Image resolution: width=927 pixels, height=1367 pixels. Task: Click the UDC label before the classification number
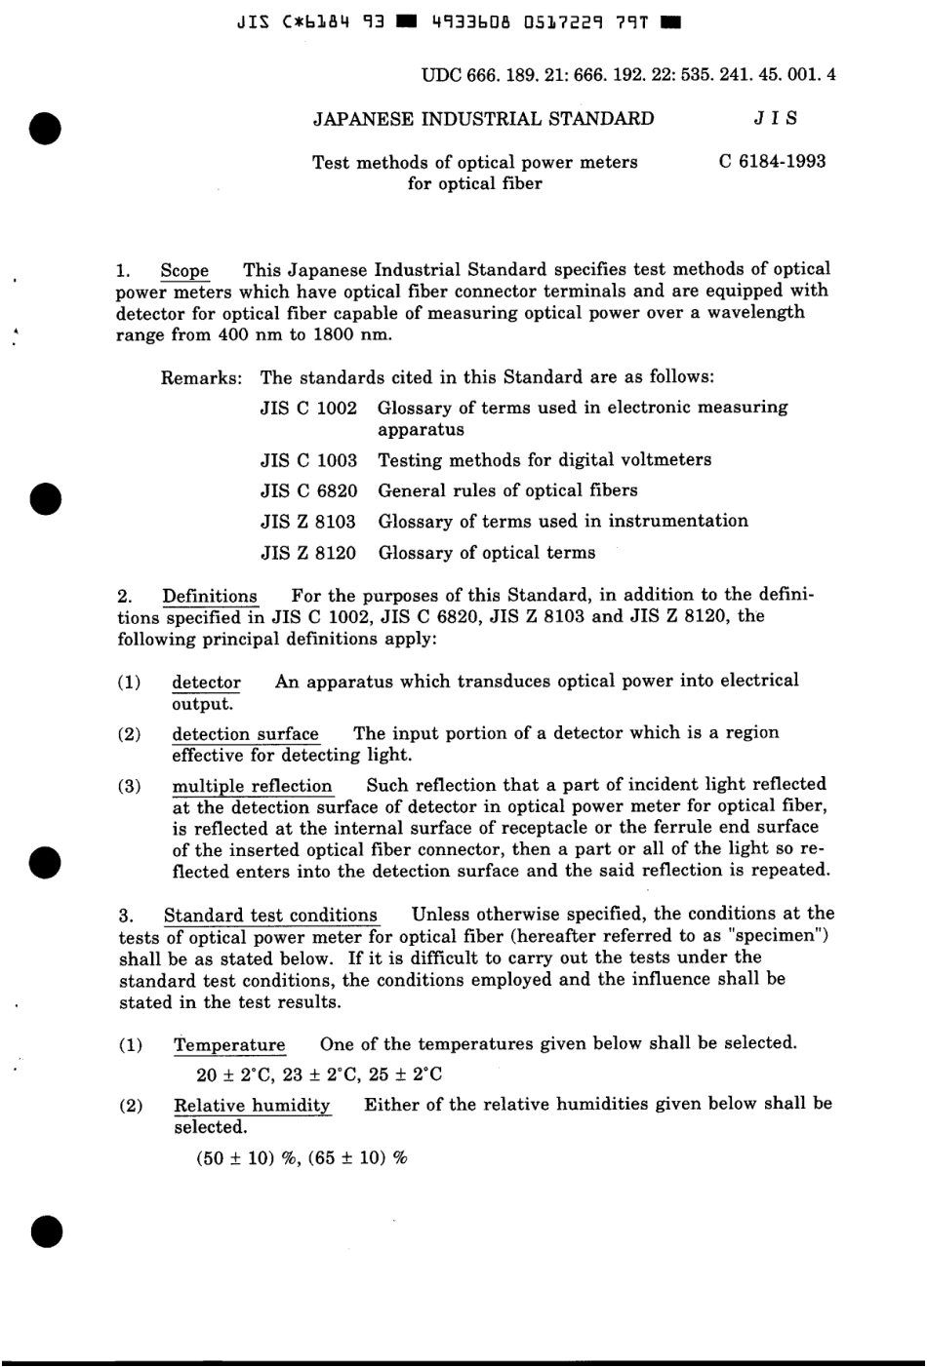click(x=441, y=74)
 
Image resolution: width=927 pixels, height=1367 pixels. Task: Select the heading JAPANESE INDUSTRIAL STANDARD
click(x=483, y=119)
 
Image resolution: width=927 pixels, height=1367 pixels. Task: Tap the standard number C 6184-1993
click(x=772, y=162)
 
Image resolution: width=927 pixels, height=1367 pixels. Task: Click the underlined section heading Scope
click(x=184, y=271)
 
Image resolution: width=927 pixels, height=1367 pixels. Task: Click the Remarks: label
click(x=201, y=377)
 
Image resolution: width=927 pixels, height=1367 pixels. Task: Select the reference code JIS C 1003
click(x=308, y=460)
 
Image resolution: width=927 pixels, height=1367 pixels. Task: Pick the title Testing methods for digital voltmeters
click(x=544, y=460)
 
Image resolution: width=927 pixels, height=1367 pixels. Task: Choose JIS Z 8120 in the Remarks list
click(x=308, y=553)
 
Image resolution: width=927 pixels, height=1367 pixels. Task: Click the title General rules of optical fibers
click(x=507, y=490)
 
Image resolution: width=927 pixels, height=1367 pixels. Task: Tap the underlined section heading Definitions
click(x=210, y=596)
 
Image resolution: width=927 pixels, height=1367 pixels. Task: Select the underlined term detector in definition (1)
click(x=206, y=683)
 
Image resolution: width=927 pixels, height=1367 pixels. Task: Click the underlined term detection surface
click(x=245, y=734)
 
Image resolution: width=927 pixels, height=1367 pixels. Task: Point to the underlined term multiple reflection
click(x=252, y=786)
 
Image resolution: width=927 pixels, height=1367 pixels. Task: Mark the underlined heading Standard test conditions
click(x=270, y=916)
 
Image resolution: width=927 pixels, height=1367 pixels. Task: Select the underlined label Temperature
click(x=229, y=1045)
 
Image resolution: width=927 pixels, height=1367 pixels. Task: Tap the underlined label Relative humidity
click(x=252, y=1106)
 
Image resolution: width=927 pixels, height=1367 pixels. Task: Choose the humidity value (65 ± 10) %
click(x=357, y=1158)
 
